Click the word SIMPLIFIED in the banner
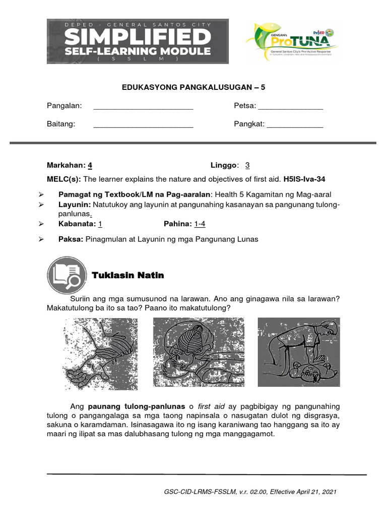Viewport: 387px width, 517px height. pyautogui.click(x=138, y=36)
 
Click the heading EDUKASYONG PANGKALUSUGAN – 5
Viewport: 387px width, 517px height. pyautogui.click(x=193, y=87)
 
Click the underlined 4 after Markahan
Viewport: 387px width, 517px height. pyautogui.click(x=90, y=165)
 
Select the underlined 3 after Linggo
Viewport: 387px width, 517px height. pyautogui.click(x=247, y=165)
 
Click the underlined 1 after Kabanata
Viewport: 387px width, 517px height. pyautogui.click(x=100, y=224)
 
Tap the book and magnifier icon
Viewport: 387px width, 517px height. pyautogui.click(x=64, y=276)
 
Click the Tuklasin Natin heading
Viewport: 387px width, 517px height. pyautogui.click(x=128, y=276)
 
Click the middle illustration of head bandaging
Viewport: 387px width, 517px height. pyautogui.click(x=199, y=351)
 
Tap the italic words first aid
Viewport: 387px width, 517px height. pyautogui.click(x=211, y=406)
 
